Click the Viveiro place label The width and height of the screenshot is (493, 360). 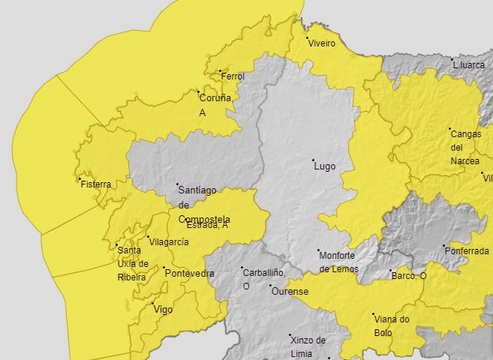(x=323, y=44)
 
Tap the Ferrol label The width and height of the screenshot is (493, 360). (x=233, y=76)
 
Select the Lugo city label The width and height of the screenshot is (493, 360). (x=324, y=166)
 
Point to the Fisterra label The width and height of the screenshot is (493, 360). (x=95, y=184)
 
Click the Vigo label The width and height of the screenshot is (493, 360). (x=163, y=309)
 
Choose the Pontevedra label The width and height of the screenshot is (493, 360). (x=189, y=274)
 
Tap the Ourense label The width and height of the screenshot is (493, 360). (x=290, y=291)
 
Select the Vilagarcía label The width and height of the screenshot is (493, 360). (x=169, y=242)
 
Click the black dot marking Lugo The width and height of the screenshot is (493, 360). (x=314, y=160)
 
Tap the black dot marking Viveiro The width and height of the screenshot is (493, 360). (x=307, y=37)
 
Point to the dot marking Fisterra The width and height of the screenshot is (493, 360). (x=80, y=178)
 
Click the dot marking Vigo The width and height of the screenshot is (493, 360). (x=152, y=303)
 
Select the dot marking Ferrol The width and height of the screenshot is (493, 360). (x=220, y=71)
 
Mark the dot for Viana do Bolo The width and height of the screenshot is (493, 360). (x=373, y=314)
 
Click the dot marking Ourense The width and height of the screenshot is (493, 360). (x=271, y=286)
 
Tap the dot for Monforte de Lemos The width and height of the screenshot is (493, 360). (x=318, y=250)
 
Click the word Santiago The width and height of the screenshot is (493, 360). (x=198, y=191)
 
